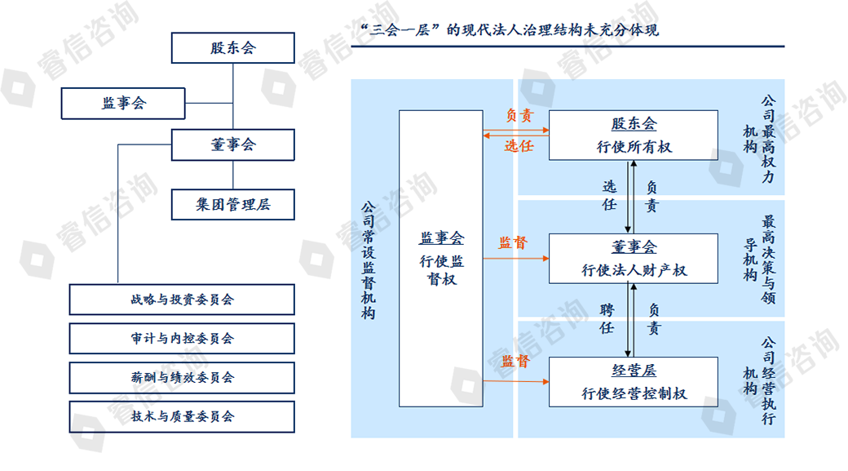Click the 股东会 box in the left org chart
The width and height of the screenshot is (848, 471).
[x=232, y=48]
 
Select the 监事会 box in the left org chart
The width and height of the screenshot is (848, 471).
[x=124, y=103]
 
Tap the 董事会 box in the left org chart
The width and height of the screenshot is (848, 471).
[x=232, y=144]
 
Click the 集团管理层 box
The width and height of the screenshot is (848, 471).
[x=232, y=205]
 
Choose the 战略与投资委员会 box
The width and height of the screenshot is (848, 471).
[x=182, y=300]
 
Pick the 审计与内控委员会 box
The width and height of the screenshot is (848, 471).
[x=182, y=339]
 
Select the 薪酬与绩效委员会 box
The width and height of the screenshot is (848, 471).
[x=182, y=378]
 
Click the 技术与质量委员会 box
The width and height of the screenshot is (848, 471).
[x=182, y=416]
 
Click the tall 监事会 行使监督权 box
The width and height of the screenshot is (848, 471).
[x=441, y=257]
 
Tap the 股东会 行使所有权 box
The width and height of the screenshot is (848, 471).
[x=634, y=135]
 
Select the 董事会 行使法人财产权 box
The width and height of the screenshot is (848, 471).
[x=634, y=258]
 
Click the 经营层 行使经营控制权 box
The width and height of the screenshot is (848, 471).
[x=634, y=382]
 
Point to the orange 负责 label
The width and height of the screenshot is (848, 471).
[x=519, y=116]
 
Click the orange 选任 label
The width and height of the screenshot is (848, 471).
[x=519, y=146]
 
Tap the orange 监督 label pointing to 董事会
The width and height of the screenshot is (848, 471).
[x=513, y=243]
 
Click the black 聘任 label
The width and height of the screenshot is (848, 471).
[x=607, y=319]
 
